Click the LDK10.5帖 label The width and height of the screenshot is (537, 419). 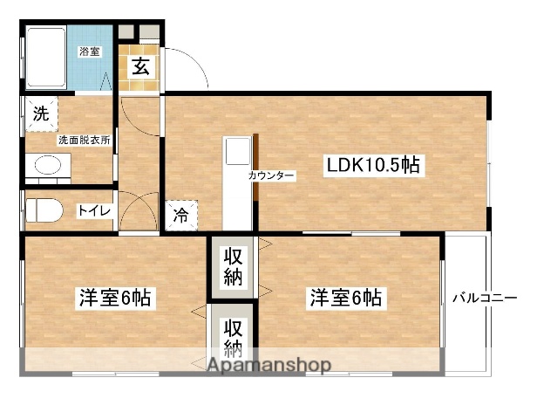tap(375, 165)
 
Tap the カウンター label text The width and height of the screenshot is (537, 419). tap(271, 176)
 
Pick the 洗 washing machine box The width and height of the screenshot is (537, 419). tap(40, 113)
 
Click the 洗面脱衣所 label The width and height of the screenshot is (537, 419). tap(84, 140)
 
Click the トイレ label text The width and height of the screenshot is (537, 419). tap(93, 210)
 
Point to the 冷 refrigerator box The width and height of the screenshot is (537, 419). tap(180, 213)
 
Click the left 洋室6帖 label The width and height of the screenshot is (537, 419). tap(112, 298)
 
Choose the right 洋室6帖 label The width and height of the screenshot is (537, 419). tap(344, 298)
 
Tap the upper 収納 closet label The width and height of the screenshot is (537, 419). tap(234, 267)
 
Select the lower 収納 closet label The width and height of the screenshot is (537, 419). tap(233, 338)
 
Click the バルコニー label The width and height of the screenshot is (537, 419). tap(485, 298)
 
